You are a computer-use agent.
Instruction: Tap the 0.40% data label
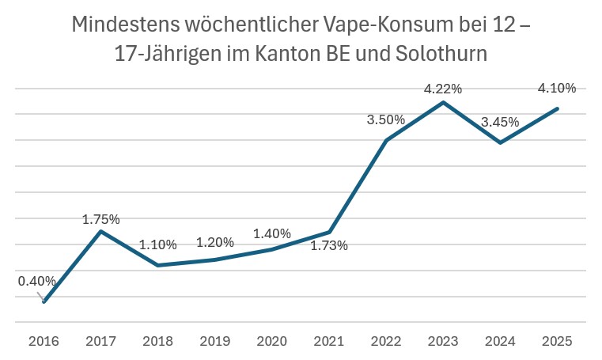coord(37,280)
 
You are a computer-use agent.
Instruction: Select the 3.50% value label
coord(385,119)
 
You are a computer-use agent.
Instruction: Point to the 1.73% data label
coord(328,245)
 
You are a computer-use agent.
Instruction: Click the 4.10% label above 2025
coord(556,88)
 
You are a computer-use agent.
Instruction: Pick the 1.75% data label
coord(100,219)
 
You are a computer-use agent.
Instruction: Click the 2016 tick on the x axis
coord(44,341)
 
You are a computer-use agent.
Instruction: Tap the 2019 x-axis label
coord(214,341)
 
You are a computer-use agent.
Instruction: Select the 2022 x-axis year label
coord(385,341)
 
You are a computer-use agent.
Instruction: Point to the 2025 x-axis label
coord(556,341)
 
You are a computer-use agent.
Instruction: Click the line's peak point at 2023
coord(444,102)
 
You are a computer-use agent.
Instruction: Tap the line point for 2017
coord(100,231)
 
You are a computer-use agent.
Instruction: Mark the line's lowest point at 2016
coord(44,301)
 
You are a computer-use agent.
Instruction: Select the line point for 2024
coord(500,142)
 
